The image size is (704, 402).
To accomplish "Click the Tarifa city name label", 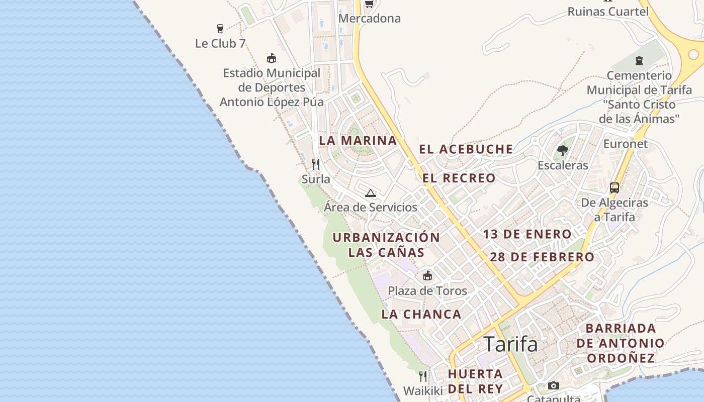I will coord(510,344).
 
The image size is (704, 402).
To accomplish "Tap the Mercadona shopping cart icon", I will coord(369,4).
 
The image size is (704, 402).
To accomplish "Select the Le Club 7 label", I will coord(220,44).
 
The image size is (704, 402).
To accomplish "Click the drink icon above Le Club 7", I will coord(220,29).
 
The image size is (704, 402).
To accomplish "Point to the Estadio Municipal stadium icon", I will coord(272,58).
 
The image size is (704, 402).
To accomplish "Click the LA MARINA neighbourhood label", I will coord(358,141).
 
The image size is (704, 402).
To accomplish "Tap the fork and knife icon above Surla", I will coord(316,164).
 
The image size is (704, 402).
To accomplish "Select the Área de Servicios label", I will coord(371,207).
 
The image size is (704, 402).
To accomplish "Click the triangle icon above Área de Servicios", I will coord(371,193).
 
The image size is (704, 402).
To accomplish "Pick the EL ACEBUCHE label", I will coord(466,149).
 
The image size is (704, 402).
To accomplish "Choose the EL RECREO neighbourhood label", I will coord(459,178).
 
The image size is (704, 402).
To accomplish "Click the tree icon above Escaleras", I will coord(563,150).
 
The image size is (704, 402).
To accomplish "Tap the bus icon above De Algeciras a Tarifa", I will coord(614,188).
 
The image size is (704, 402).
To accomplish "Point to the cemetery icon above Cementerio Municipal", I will coord(639,61).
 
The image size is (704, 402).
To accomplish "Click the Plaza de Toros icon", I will coord(427,275).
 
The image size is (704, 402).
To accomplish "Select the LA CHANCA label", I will coord(421,315).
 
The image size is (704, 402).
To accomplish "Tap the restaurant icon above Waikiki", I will coord(423,376).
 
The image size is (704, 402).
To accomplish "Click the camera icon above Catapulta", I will coord(554,385).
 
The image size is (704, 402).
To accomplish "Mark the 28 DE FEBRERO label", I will coord(542,257).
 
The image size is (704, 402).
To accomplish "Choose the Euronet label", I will coord(626,144).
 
